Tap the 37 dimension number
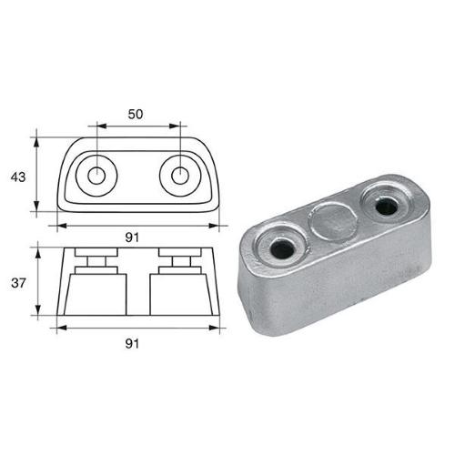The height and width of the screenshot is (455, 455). pyautogui.click(x=18, y=283)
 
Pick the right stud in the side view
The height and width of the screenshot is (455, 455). pyautogui.click(x=176, y=263)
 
